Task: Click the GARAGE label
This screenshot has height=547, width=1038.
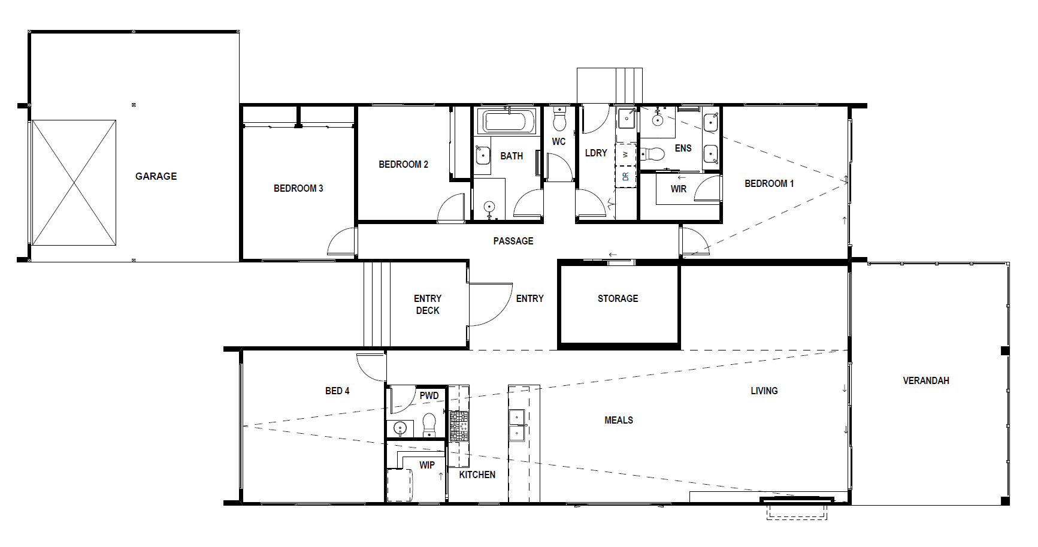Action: [x=156, y=176]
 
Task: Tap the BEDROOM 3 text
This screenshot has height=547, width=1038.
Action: [x=298, y=188]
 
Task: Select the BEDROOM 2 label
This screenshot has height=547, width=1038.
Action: [x=403, y=164]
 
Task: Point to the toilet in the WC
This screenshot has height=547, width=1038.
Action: [x=559, y=119]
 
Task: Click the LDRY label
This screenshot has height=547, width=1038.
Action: [x=596, y=153]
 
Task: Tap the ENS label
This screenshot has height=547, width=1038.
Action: [x=683, y=148]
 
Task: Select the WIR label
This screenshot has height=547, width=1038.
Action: [x=679, y=189]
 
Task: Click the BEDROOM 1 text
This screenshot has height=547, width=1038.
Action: [x=769, y=183]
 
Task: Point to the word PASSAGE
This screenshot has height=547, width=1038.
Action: [x=513, y=241]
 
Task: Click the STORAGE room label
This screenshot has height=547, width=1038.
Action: [x=618, y=298]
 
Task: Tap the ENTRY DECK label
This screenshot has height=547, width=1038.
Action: [x=428, y=304]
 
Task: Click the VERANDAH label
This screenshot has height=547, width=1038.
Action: [x=926, y=380]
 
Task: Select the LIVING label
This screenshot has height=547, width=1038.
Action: [x=764, y=391]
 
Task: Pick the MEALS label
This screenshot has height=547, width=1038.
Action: [x=619, y=420]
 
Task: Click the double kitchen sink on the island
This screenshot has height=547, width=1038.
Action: [x=517, y=425]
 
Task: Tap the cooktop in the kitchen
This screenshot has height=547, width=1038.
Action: [x=459, y=426]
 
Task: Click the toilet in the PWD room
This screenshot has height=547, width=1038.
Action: [x=429, y=425]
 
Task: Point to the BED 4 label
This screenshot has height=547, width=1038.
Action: [x=337, y=391]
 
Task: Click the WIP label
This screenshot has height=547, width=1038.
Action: [x=427, y=465]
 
